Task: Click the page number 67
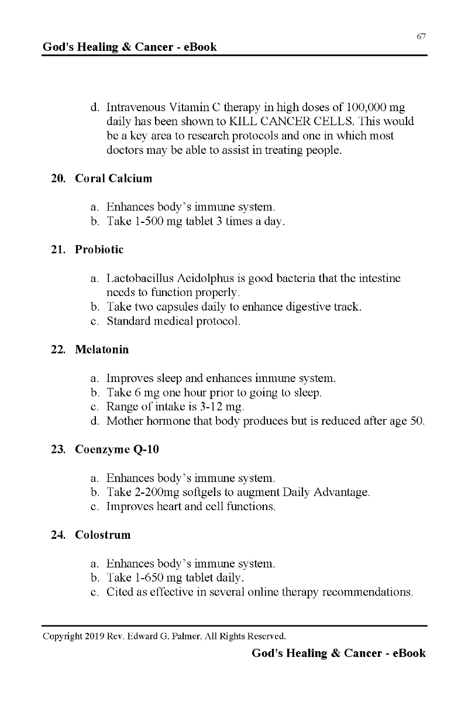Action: [x=421, y=36]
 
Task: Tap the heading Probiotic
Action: [x=99, y=250]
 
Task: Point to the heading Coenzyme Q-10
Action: [x=116, y=450]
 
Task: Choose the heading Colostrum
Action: [x=102, y=535]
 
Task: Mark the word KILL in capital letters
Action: [x=244, y=122]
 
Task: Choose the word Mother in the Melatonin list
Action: [x=124, y=421]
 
